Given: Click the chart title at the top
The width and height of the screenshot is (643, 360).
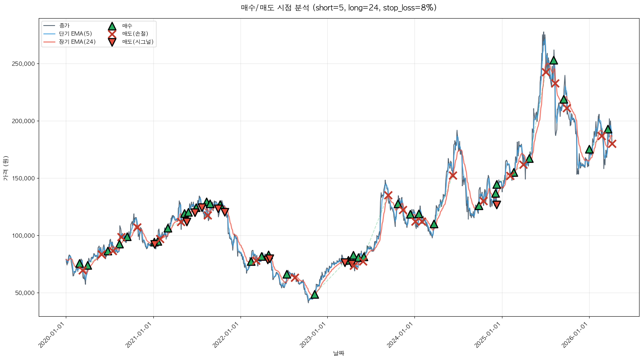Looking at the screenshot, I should pos(339,8).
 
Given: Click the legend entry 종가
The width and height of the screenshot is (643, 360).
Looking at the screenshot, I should pos(64,26).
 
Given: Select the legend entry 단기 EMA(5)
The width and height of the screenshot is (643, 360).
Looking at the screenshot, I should pos(76,34).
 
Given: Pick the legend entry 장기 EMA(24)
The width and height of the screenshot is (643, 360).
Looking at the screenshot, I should pos(77,42).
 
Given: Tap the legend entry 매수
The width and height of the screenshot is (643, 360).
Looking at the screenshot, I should pos(127,26).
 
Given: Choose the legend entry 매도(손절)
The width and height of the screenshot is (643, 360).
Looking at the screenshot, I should pos(135,34).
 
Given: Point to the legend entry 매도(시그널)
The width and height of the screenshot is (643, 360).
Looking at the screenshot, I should pos(138,42).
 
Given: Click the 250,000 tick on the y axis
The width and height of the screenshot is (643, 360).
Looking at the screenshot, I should pos(24,64).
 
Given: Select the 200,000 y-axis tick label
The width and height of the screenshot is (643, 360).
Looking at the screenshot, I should pos(24,121).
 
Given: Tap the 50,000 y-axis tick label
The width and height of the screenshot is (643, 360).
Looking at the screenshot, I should pos(26,293).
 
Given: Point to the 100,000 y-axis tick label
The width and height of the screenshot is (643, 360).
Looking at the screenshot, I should pos(24,236).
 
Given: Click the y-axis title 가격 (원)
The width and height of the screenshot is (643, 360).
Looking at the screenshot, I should pos(5,168).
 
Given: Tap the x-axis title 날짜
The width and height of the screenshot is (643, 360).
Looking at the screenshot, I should pos(339,353).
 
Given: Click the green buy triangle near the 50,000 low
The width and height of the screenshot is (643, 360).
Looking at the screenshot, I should pos(315,295).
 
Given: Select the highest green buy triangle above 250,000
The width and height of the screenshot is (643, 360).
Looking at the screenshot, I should pos(554,60).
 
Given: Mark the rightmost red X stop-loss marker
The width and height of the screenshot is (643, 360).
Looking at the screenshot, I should pos(612,144).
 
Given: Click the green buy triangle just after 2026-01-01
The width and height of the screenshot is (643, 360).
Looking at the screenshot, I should pos(589,149).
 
